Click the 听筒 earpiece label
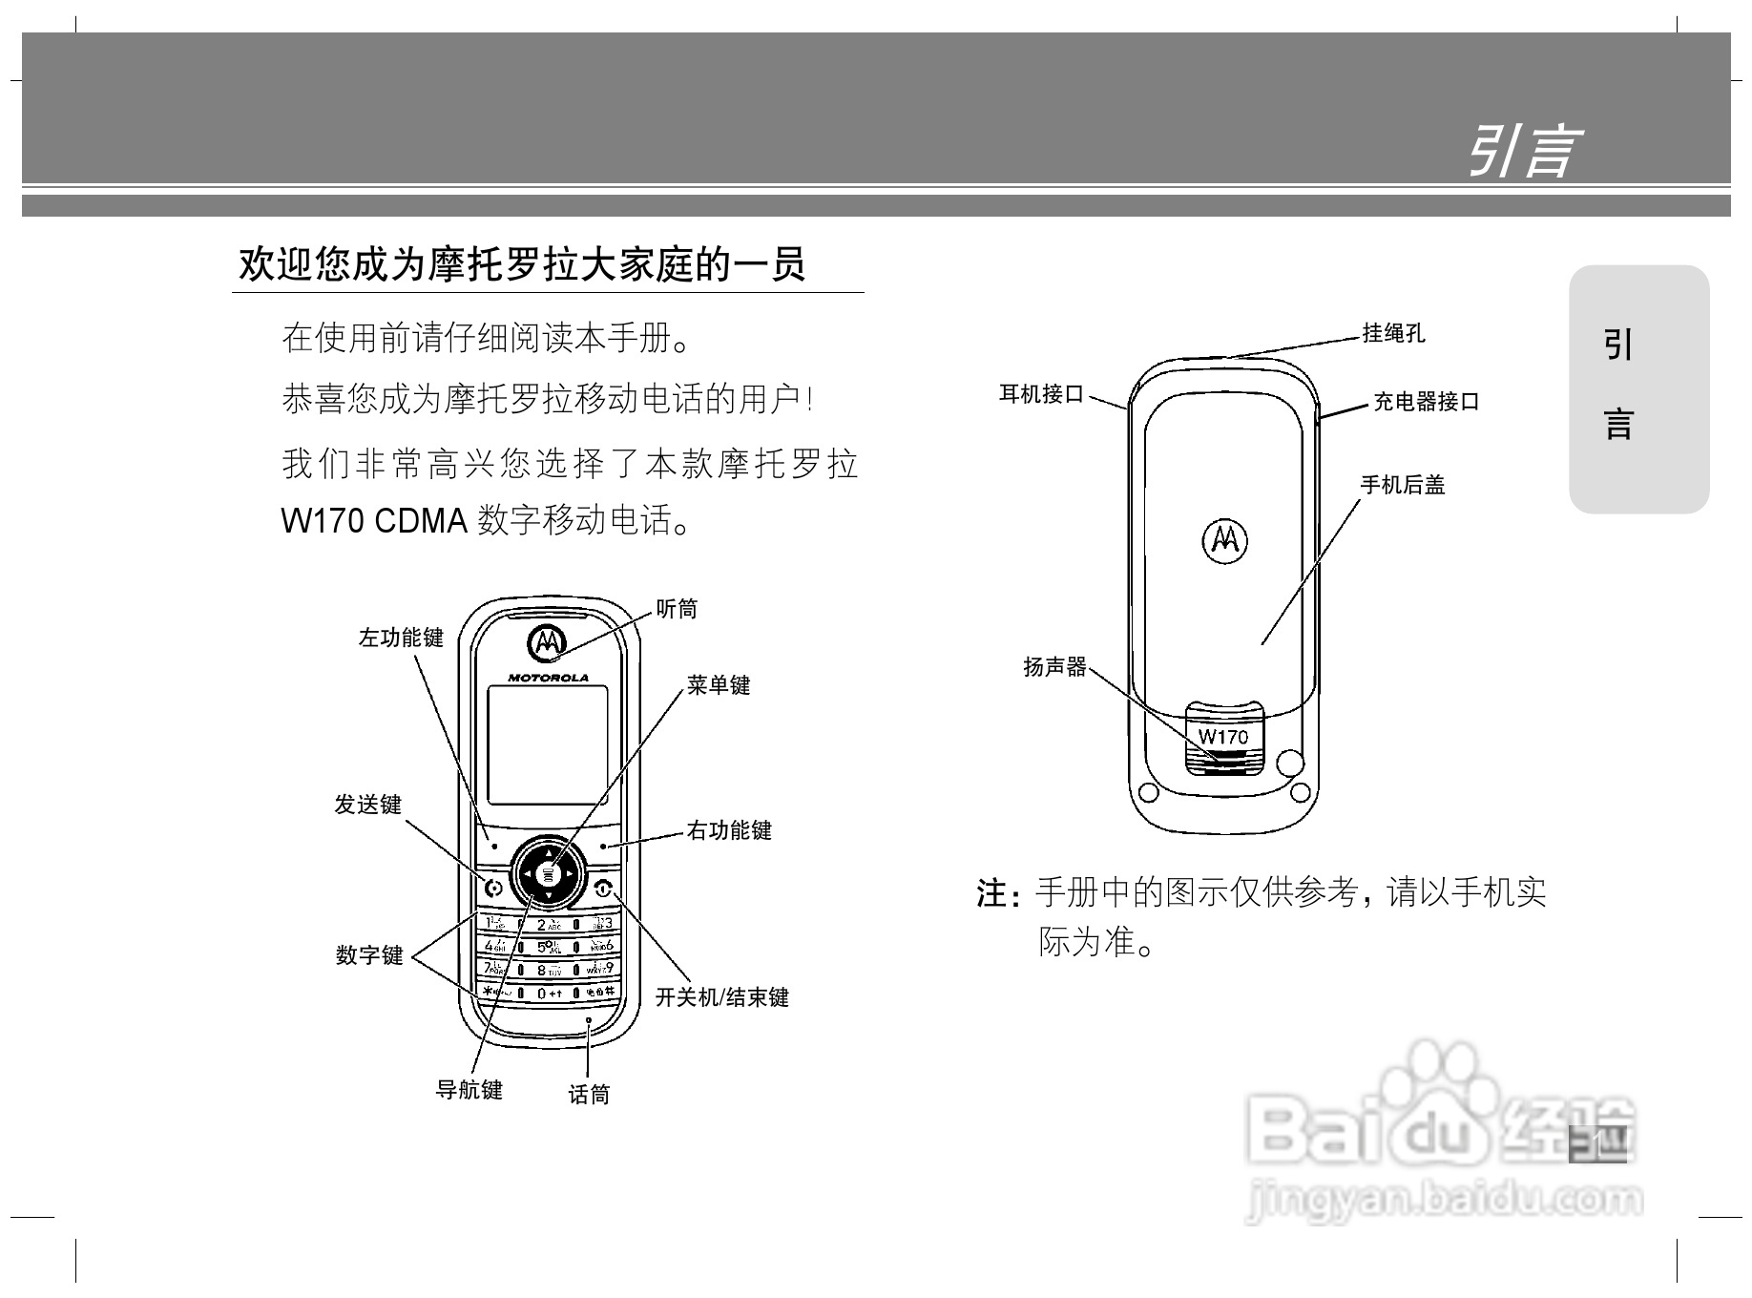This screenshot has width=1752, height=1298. click(x=677, y=609)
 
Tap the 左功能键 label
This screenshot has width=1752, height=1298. click(x=401, y=638)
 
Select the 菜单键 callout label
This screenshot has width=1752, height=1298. click(x=719, y=685)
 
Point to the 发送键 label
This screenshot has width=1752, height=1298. click(x=367, y=805)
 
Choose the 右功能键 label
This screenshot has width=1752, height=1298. click(x=729, y=830)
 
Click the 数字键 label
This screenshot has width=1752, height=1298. click(x=369, y=954)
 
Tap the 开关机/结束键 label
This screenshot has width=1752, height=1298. click(x=721, y=997)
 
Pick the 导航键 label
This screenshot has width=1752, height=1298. click(x=469, y=1090)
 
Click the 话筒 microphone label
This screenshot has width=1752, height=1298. click(x=589, y=1095)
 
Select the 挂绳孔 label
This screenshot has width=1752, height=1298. click(x=1393, y=333)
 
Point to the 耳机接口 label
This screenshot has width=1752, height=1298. click(x=1042, y=394)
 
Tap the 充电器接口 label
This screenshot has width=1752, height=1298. click(x=1426, y=402)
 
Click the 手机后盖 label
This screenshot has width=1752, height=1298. click(x=1402, y=485)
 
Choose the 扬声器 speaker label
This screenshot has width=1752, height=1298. click(x=1054, y=667)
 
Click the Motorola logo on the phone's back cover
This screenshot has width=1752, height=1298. click(x=1224, y=541)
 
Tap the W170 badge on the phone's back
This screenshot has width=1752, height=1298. click(x=1223, y=737)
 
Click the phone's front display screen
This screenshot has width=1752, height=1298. click(x=548, y=744)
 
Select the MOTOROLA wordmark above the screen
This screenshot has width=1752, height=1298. click(x=548, y=679)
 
